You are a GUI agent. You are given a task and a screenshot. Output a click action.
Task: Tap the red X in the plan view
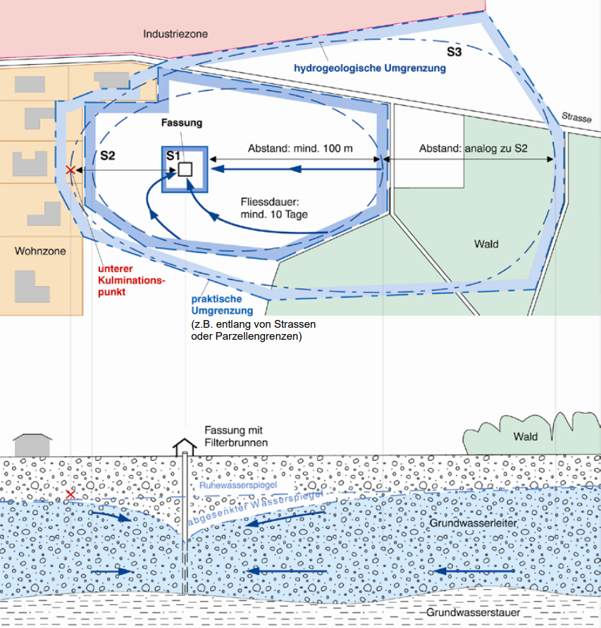pos(70,170)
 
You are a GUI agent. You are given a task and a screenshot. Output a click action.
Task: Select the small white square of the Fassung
pos(185,169)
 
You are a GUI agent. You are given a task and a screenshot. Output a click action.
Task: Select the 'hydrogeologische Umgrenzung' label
pos(369,68)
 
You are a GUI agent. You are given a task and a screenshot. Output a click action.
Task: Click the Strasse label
pos(576,118)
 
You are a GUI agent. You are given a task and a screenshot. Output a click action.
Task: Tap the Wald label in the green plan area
pos(486,244)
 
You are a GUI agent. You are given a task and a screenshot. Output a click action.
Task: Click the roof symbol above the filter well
pos(185,446)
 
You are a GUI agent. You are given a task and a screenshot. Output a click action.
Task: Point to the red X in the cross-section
pos(70,494)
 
